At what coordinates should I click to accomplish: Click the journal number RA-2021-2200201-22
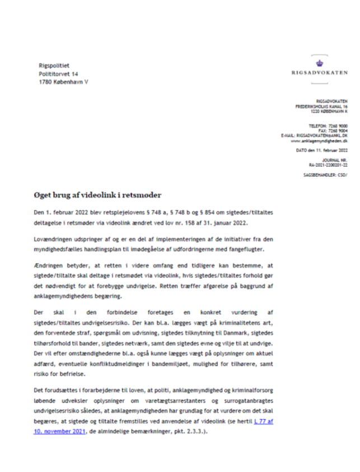(328, 166)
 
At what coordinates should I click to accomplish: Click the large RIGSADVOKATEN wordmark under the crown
(320, 74)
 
